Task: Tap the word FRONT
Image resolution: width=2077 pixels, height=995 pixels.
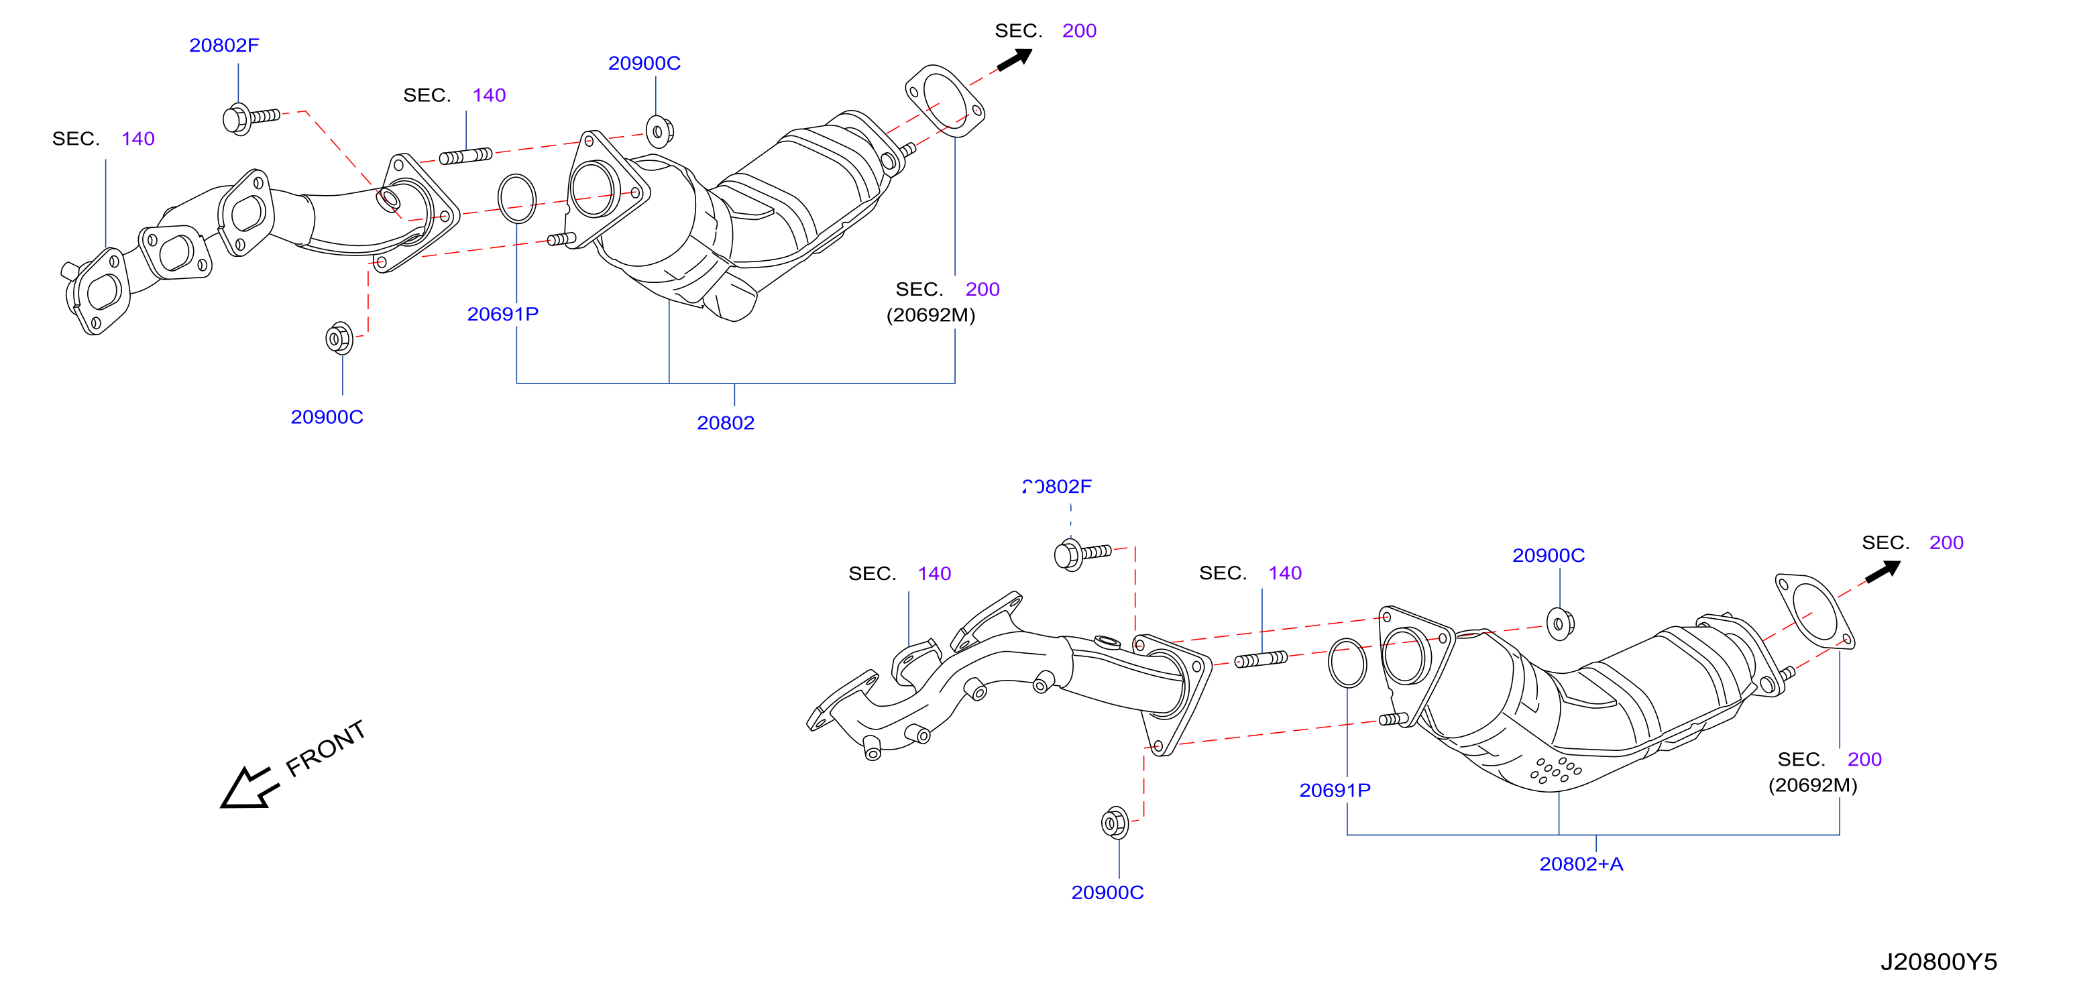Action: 326,748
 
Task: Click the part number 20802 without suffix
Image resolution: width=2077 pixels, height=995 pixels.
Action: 726,422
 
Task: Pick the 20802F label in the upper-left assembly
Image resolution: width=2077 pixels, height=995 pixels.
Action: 224,45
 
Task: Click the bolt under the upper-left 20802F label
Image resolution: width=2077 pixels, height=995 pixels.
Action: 251,119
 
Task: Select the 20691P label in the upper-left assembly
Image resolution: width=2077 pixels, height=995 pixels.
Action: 502,314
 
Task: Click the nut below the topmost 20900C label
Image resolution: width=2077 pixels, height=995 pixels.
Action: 659,131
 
